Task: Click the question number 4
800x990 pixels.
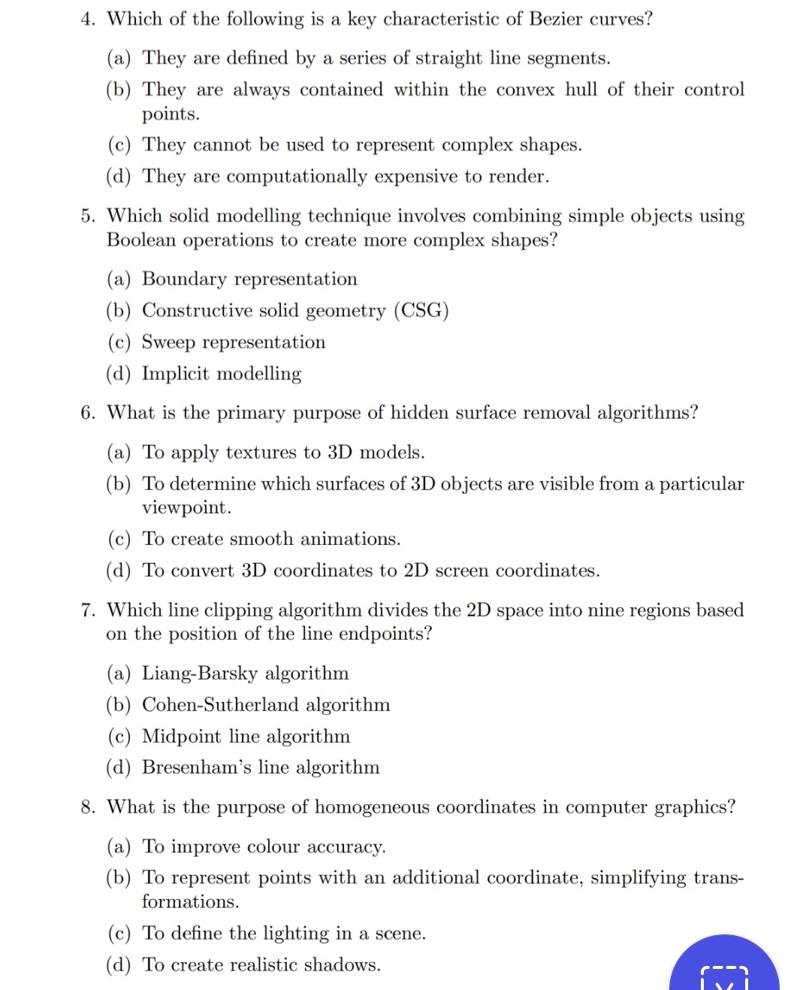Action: (x=88, y=19)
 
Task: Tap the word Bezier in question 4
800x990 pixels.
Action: (x=557, y=19)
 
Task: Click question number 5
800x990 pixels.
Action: (x=88, y=216)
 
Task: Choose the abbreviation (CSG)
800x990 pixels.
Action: (x=421, y=310)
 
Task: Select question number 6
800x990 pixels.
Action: (x=88, y=413)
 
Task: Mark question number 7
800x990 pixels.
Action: (x=88, y=610)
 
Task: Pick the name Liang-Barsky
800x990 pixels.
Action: (x=199, y=673)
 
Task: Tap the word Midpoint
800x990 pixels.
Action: (x=182, y=736)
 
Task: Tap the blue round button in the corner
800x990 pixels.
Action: (x=723, y=968)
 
